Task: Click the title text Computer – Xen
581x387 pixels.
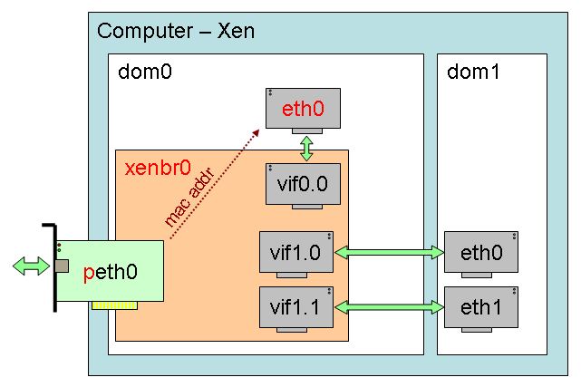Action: click(x=176, y=32)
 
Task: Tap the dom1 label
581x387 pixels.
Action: click(x=472, y=73)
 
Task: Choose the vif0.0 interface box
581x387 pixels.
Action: click(x=303, y=184)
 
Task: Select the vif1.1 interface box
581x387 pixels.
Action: click(x=296, y=306)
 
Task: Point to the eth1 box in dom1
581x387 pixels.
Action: click(x=481, y=306)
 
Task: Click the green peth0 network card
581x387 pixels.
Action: click(x=112, y=271)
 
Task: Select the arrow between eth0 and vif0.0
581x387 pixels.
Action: click(x=306, y=147)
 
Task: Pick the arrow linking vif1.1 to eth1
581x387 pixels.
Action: click(x=390, y=308)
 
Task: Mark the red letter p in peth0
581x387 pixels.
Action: click(x=88, y=272)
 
